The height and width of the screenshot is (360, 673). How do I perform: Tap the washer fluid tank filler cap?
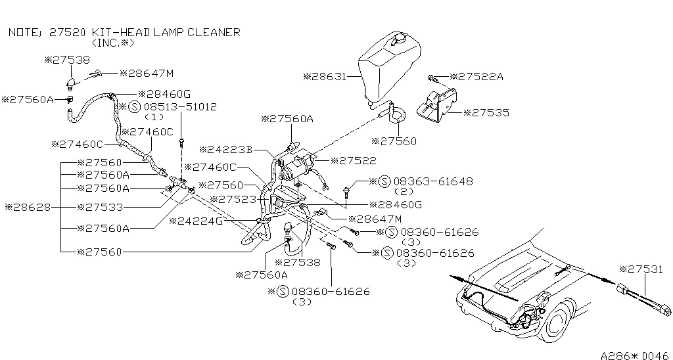(399, 39)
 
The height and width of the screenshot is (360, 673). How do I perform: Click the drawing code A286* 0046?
(636, 355)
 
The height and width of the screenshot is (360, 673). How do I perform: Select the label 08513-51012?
(180, 107)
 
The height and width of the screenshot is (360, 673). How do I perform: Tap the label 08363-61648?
(433, 181)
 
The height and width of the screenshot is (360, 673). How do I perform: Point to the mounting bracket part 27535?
(436, 106)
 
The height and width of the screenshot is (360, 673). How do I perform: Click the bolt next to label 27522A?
(432, 79)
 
